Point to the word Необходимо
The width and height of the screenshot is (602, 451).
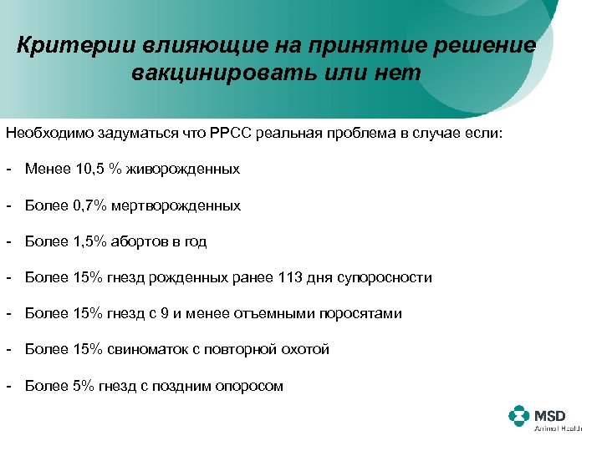[x=48, y=132]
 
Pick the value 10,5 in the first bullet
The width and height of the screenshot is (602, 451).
[x=90, y=169]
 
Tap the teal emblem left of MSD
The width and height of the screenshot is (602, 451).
[x=519, y=417]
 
